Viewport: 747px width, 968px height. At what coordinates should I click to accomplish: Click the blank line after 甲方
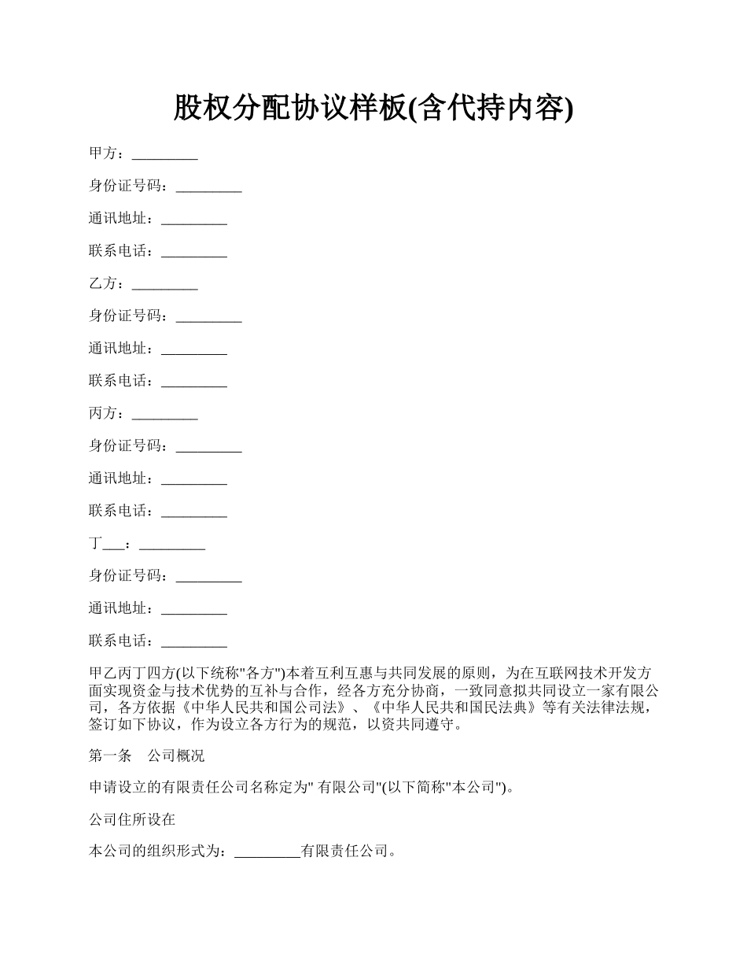(x=164, y=155)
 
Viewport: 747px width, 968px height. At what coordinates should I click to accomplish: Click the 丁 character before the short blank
(x=95, y=543)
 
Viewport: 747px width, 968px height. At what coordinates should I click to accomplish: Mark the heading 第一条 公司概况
(x=146, y=756)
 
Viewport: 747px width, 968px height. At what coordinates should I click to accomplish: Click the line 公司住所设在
(x=132, y=819)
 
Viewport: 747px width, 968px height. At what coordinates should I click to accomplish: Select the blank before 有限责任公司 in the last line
(x=267, y=852)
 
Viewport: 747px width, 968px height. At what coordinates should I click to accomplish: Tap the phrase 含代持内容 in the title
(x=491, y=109)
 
